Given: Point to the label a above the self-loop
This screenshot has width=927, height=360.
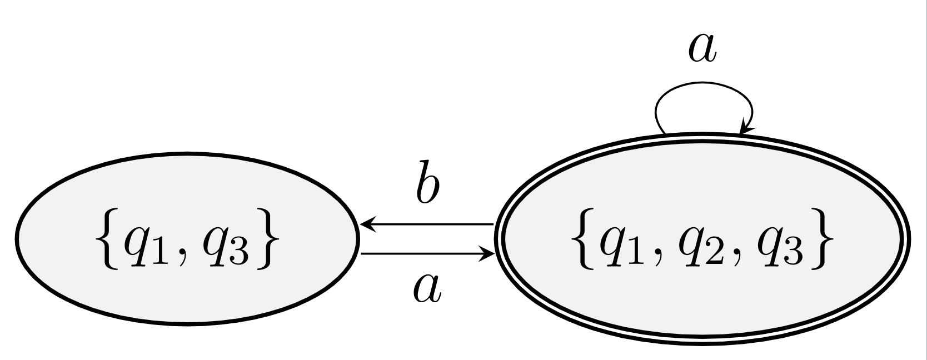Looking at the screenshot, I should [x=702, y=49].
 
